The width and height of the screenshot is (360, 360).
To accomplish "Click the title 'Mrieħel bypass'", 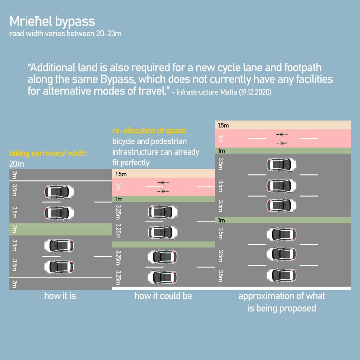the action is (52, 21).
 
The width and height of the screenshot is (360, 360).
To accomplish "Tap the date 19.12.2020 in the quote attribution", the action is (255, 92).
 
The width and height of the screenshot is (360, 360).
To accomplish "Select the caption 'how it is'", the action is (60, 296).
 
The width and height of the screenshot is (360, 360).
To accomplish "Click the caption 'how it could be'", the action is (163, 296).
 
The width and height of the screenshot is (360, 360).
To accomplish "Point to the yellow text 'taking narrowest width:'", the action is (49, 153).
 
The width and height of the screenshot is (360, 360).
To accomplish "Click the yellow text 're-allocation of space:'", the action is (149, 131).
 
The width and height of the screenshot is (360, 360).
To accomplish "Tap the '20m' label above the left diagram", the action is (17, 164).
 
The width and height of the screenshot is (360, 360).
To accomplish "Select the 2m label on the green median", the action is (14, 229).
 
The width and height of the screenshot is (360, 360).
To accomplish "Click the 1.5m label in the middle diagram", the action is (121, 174).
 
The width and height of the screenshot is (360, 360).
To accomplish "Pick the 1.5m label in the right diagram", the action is (223, 126).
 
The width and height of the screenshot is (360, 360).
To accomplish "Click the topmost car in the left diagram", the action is (59, 192).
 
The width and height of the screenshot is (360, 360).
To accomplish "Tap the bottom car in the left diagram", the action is (59, 267).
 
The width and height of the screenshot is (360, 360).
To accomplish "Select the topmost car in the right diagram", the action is (281, 165).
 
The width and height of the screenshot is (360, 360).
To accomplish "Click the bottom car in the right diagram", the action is (281, 275).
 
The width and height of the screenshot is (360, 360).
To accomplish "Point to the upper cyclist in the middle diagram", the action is (163, 182).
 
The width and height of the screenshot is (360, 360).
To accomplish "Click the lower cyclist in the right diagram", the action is (281, 143).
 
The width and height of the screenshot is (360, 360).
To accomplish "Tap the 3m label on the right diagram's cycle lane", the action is (221, 138).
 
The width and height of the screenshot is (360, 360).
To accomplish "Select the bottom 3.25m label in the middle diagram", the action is (118, 277).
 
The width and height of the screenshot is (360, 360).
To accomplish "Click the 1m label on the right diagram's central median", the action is (221, 220).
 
